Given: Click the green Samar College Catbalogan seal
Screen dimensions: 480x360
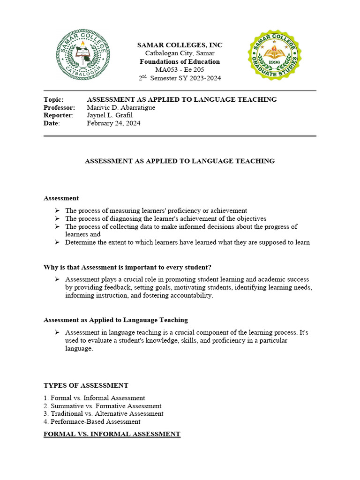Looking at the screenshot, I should coord(83,55).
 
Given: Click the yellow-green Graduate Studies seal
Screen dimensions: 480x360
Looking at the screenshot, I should coord(275,55).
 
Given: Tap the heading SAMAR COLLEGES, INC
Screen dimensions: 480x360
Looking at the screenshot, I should coord(180,45).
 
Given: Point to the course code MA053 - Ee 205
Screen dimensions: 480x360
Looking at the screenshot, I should coord(180,70).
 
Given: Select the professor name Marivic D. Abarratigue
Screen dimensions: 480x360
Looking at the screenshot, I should coord(121,107).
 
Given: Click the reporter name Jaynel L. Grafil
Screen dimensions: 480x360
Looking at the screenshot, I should coord(110,115).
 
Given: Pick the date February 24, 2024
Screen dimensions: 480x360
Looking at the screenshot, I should coord(113,123).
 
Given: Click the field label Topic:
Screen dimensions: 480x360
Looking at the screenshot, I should coord(53,99).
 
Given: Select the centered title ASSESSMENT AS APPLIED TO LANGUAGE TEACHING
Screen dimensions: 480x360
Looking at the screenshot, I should coord(180,161).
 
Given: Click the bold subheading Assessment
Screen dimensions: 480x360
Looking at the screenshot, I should coord(61,198).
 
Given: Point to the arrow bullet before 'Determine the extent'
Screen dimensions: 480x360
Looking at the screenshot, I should coord(57,242).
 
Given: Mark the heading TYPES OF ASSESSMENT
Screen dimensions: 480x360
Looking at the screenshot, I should coord(86,385).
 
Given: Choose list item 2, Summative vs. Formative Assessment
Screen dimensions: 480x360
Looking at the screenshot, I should coord(103,406).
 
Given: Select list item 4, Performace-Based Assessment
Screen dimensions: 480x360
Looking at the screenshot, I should coord(92,421).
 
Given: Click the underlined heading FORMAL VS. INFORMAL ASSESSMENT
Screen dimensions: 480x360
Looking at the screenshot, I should coord(112,434).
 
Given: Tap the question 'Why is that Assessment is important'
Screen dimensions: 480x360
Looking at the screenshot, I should coord(127,267).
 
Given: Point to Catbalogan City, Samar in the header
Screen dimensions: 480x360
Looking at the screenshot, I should coord(180,53).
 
